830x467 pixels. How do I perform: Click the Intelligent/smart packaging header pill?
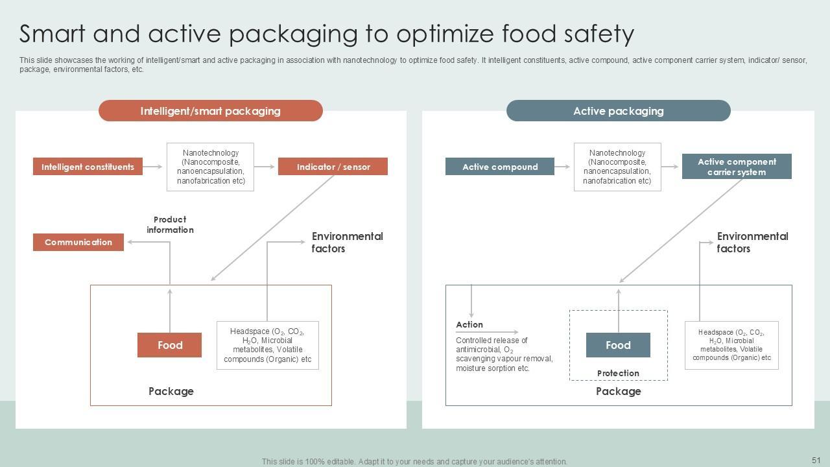pos(210,111)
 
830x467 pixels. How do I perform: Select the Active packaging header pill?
pos(618,111)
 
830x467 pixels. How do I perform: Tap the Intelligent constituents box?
pos(88,167)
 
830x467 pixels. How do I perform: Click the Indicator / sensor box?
pos(333,167)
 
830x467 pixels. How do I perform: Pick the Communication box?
pos(78,242)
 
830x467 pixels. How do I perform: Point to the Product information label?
pos(170,224)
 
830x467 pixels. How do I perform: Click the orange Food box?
pos(169,345)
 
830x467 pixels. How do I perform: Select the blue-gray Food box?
pos(618,345)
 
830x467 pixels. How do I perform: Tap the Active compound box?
pos(500,167)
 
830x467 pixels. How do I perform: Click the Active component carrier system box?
pos(737,167)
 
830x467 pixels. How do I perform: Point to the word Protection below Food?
pos(618,373)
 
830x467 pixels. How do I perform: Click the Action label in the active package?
pos(469,324)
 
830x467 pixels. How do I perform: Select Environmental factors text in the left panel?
pos(347,242)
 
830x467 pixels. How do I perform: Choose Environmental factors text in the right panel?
pos(752,242)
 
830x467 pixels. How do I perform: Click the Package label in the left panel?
pos(171,391)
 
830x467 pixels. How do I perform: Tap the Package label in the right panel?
pos(618,391)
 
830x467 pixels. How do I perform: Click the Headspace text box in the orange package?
pos(267,345)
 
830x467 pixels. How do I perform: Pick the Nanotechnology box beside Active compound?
pos(617,167)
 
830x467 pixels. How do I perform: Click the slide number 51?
pos(816,460)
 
